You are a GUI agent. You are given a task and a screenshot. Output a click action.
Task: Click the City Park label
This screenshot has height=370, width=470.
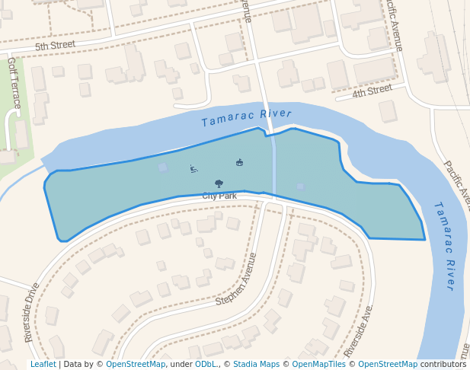tap(219, 196)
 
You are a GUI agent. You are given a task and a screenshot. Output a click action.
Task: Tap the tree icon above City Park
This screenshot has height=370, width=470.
tap(219, 183)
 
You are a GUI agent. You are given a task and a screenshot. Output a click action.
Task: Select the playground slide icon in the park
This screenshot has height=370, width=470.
tap(194, 169)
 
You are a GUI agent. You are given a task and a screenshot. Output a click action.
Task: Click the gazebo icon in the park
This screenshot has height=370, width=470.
tap(240, 162)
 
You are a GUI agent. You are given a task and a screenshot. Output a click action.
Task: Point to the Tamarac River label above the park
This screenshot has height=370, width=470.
tap(246, 118)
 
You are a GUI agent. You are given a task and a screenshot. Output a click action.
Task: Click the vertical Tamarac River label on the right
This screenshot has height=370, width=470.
tap(445, 245)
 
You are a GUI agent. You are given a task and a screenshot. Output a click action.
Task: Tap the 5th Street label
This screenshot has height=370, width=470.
tap(56, 46)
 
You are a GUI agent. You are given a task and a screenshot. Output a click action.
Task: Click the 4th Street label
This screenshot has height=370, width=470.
tap(372, 92)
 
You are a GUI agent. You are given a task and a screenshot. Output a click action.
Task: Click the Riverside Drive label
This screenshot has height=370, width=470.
tap(31, 312)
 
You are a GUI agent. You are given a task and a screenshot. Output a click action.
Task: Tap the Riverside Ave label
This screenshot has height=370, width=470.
tap(358, 332)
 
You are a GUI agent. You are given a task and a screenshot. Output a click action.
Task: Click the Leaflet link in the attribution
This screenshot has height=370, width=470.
tap(43, 364)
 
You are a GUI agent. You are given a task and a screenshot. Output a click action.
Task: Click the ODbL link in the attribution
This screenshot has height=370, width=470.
tap(206, 364)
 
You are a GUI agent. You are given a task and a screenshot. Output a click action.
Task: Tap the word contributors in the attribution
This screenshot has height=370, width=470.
tap(443, 364)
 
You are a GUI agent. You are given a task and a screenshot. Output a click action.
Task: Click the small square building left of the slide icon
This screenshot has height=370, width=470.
tap(163, 167)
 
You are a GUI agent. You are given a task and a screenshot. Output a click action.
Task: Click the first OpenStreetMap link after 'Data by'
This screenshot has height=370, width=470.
tap(136, 364)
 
